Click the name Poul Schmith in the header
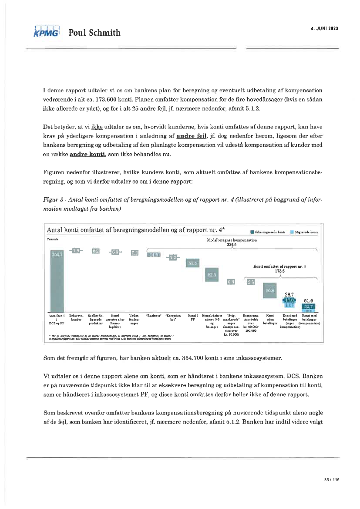pyautogui.click(x=94, y=33)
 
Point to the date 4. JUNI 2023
pyautogui.click(x=324, y=28)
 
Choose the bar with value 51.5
pyautogui.click(x=192, y=263)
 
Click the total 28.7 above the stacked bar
pyautogui.click(x=290, y=295)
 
